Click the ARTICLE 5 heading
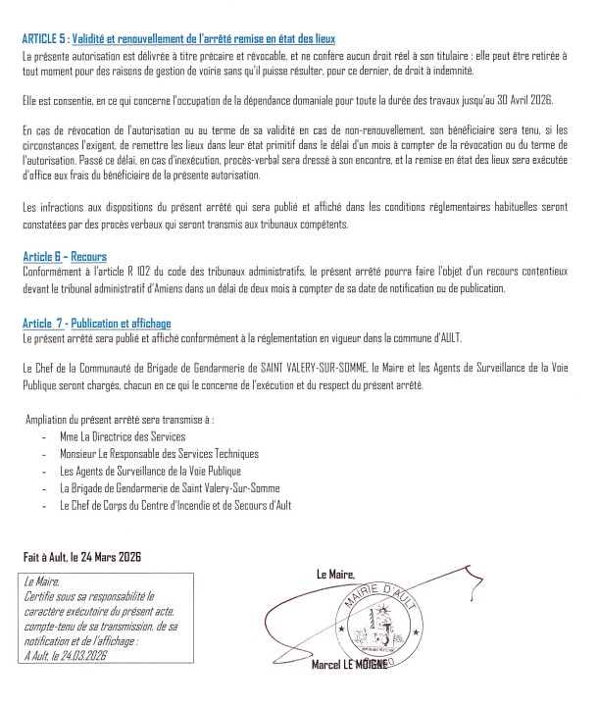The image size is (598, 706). click(178, 38)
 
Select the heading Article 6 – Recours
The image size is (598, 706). click(65, 256)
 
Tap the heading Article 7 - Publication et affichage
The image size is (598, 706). click(96, 323)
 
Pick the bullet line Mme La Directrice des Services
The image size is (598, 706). click(122, 435)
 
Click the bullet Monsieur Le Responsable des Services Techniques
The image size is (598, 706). click(159, 453)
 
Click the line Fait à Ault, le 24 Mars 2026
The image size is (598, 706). click(83, 556)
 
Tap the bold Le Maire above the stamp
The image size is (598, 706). click(335, 574)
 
